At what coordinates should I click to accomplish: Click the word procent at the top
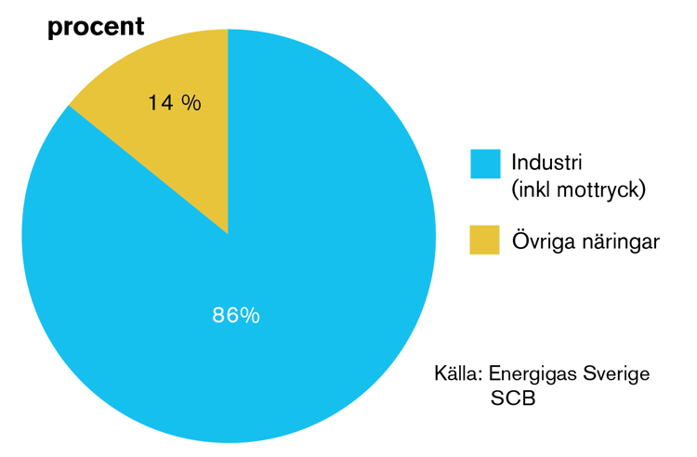96,28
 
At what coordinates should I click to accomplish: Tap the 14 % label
175,102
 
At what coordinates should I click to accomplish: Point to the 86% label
236,315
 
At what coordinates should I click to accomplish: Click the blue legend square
485,163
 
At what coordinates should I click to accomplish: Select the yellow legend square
484,240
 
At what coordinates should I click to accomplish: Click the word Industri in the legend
546,163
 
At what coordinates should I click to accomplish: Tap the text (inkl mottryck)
578,190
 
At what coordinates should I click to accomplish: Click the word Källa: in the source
458,373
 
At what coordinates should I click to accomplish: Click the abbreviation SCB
513,398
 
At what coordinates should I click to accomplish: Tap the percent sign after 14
191,102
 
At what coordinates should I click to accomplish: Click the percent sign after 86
249,315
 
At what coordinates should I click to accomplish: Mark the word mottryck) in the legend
601,190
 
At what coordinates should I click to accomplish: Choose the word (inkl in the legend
532,190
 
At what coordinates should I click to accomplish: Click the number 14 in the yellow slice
160,102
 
